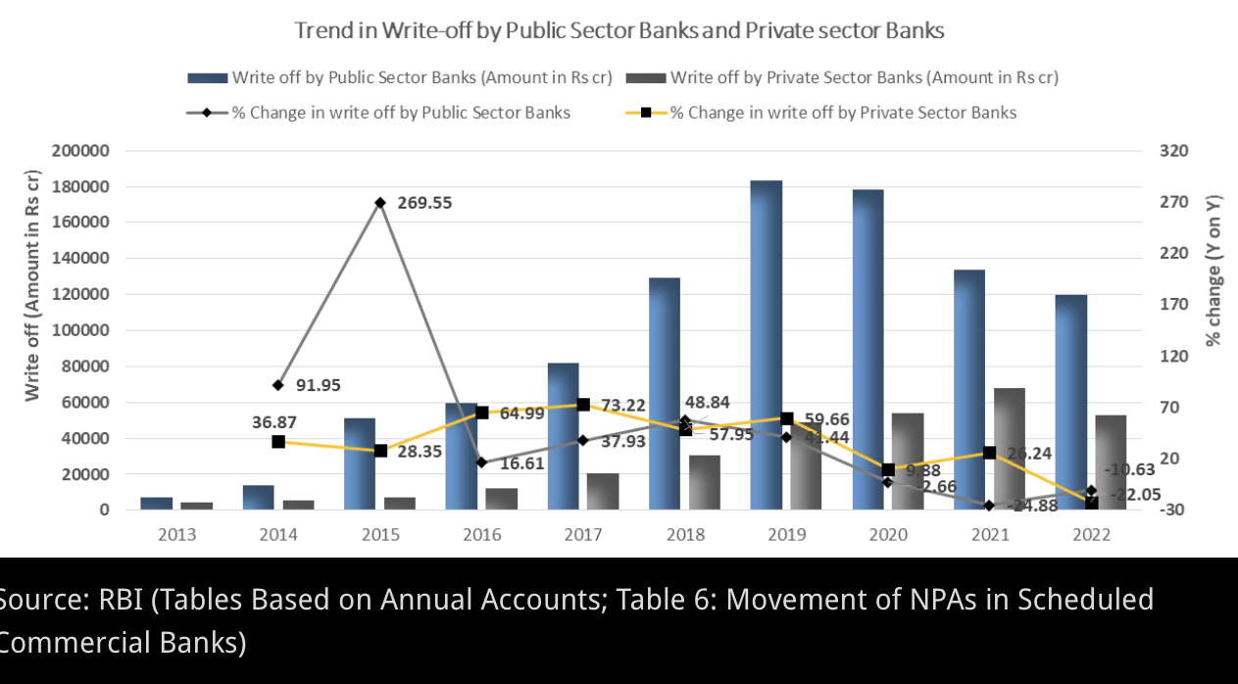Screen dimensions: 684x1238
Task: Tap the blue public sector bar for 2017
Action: (x=563, y=436)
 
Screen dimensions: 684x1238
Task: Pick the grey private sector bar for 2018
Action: (x=704, y=482)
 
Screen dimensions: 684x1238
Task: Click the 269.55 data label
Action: (x=424, y=203)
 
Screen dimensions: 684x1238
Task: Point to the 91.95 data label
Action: (x=318, y=385)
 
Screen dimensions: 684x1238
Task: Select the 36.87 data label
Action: (x=273, y=422)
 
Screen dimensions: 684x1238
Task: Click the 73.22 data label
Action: (x=623, y=406)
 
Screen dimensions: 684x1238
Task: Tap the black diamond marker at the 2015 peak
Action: (x=380, y=203)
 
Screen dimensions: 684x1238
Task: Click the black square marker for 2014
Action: (x=278, y=442)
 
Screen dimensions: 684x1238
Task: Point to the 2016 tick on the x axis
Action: (x=481, y=535)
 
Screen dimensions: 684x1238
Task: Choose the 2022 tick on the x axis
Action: (x=1091, y=535)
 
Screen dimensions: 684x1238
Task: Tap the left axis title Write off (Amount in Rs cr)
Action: (x=32, y=285)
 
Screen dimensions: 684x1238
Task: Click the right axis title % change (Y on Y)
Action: (x=1213, y=269)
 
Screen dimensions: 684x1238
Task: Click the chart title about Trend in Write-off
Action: (x=619, y=30)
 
